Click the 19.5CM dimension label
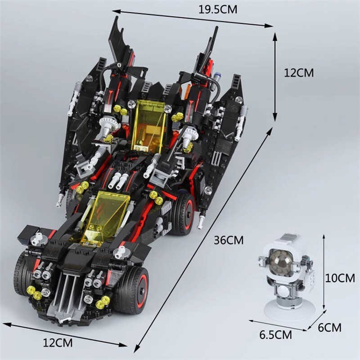[x=218, y=9]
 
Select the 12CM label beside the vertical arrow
[x=299, y=72]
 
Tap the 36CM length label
[x=229, y=240]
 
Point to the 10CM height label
[x=340, y=278]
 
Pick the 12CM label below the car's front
[x=58, y=343]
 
